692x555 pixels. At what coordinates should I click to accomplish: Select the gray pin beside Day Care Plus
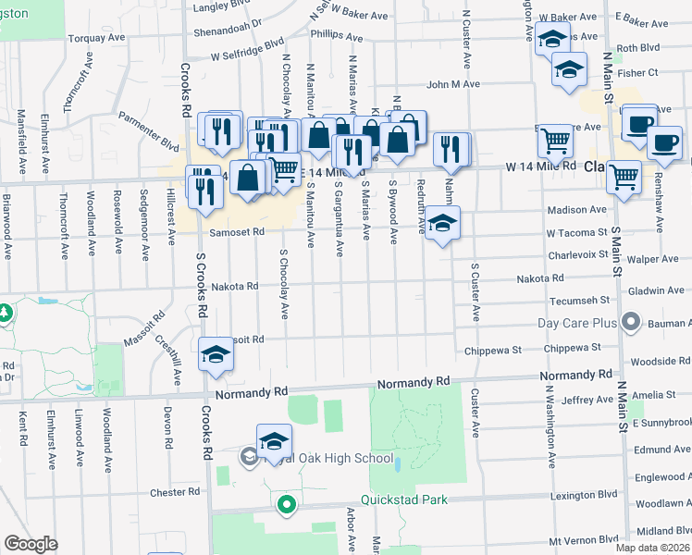[x=631, y=323]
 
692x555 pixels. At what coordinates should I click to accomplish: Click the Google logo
[x=31, y=544]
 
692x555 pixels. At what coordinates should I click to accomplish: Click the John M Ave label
[x=452, y=84]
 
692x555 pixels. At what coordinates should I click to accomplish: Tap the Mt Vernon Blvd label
[x=582, y=538]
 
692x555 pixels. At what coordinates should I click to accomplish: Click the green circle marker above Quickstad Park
[x=287, y=505]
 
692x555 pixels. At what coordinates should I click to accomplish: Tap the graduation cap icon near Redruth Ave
[x=443, y=223]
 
